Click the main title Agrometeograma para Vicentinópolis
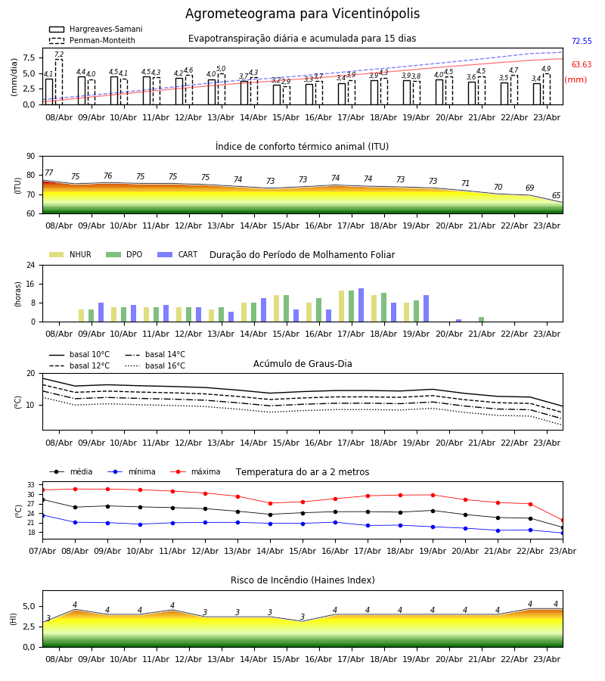302,14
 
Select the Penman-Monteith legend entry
92,40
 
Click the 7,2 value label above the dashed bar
59,54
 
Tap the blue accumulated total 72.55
582,42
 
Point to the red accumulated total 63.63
582,65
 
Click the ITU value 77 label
49,173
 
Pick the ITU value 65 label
556,195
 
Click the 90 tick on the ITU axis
31,157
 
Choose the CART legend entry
178,254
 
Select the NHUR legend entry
70,254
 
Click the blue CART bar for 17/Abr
361,306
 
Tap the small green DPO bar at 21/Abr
481,319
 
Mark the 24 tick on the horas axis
31,266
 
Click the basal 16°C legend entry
155,365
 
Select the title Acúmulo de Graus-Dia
302,364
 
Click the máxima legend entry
195,471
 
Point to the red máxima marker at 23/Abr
563,521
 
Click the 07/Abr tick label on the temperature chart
42,551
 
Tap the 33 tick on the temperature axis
31,485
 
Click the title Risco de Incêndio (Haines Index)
302,580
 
